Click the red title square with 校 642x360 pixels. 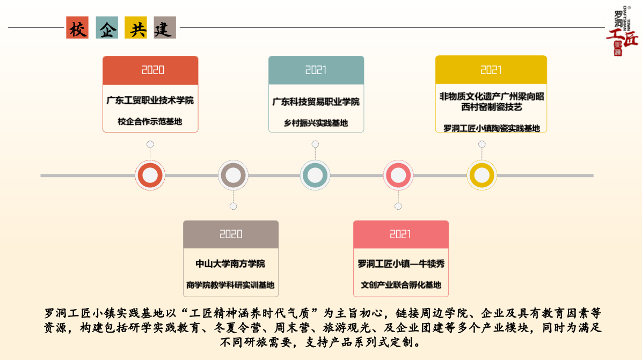pos(77,27)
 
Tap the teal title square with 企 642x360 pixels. pos(107,27)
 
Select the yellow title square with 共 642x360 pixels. pos(136,27)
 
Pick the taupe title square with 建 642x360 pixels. pos(165,27)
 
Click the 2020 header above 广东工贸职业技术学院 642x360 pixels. pos(150,70)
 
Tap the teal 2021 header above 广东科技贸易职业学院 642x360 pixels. pos(316,70)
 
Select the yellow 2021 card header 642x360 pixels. pos(491,70)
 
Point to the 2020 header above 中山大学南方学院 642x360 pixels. pos(231,234)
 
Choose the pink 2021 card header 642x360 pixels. pos(400,234)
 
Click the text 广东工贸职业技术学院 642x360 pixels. pos(150,100)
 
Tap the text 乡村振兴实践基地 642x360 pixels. pos(316,123)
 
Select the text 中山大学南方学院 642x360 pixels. pos(230,264)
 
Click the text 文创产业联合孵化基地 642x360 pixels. pos(400,285)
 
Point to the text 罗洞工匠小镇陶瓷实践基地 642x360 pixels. pos(491,128)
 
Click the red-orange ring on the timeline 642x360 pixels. pos(150,175)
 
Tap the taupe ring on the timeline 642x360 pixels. pos(233,175)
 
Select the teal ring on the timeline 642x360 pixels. pos(315,175)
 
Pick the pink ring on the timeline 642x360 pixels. pos(398,175)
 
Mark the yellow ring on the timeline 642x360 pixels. pos(481,175)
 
